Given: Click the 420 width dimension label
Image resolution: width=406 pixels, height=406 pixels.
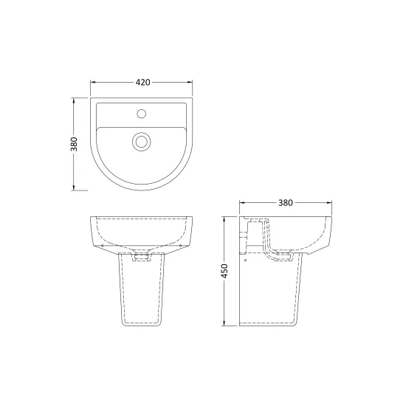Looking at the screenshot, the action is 142,83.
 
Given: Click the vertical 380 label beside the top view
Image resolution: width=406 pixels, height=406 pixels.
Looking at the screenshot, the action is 74,144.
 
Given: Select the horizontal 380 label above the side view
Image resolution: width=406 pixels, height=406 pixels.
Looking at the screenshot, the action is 286,203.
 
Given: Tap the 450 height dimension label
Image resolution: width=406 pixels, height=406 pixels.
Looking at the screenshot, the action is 224,271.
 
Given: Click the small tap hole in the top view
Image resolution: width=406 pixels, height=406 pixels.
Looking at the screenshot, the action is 142,114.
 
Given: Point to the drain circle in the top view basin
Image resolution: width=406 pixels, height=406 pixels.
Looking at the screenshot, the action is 142,142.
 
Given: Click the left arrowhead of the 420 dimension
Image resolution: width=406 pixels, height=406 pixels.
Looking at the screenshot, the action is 93,83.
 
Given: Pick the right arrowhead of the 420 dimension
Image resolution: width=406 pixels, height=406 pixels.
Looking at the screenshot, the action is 190,83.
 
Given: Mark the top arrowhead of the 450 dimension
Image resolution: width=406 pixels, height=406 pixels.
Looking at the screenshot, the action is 224,219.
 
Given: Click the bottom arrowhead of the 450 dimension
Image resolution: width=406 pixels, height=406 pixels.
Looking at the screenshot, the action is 224,323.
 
